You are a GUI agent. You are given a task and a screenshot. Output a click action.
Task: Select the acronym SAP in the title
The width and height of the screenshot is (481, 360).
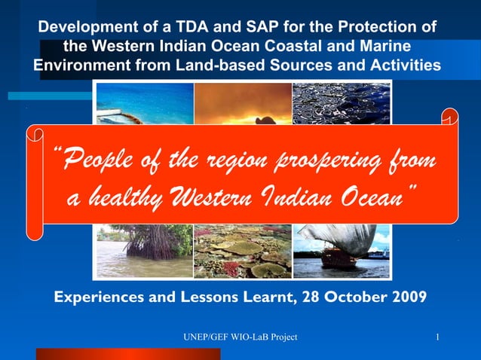coord(250,27)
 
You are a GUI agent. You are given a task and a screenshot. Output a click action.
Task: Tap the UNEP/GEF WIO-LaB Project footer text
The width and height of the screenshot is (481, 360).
coord(240,336)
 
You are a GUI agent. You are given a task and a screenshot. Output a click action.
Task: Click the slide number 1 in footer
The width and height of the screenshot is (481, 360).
coord(438,336)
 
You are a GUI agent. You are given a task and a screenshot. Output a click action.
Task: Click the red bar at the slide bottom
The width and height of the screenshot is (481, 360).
coord(128,354)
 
